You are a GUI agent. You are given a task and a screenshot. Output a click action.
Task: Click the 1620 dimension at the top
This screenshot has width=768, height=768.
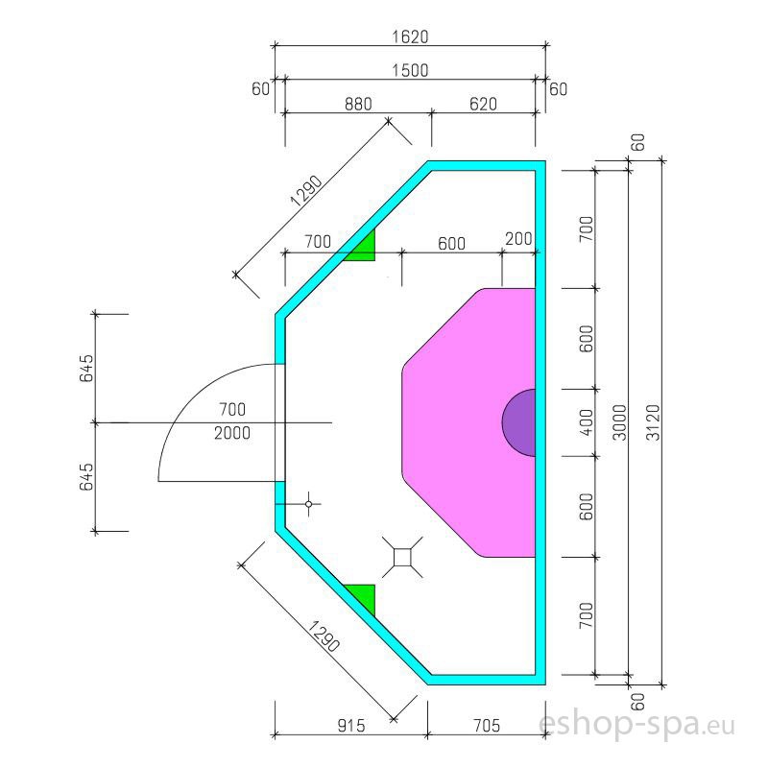(410, 36)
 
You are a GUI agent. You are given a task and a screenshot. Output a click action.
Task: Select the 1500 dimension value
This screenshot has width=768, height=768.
(410, 70)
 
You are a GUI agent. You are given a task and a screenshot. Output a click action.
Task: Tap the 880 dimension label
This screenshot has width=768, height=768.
(358, 105)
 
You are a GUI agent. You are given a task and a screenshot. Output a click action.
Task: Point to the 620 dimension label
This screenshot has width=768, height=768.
(483, 105)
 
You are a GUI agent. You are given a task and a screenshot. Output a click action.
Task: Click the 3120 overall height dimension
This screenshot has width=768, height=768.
(653, 422)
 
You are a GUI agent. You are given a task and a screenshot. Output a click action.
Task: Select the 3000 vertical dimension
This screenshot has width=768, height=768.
(619, 422)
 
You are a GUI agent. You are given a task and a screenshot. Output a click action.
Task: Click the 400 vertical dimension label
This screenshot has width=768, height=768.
(586, 422)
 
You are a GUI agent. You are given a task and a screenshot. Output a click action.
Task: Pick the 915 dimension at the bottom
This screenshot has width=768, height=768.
(351, 726)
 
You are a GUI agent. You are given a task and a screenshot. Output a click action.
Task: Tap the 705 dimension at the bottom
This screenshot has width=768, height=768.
(487, 726)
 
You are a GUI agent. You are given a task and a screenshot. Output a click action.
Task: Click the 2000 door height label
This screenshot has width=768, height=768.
(232, 433)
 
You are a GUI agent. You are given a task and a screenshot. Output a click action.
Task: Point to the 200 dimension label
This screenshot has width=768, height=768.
(518, 239)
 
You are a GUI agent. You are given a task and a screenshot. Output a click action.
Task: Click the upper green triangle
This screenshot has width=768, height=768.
(364, 249)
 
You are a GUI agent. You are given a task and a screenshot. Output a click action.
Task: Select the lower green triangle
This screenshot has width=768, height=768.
(364, 595)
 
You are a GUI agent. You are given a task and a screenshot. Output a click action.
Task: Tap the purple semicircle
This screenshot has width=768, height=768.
(520, 422)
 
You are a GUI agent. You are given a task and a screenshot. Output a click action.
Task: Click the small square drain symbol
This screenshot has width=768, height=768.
(402, 557)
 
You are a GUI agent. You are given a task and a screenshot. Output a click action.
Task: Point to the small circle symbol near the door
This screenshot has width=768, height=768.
(308, 504)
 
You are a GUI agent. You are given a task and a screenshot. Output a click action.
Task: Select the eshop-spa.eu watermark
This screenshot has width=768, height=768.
(636, 724)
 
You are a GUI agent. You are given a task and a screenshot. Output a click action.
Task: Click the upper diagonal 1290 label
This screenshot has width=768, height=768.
(306, 191)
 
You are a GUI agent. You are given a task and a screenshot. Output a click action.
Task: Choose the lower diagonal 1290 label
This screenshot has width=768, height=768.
(324, 636)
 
